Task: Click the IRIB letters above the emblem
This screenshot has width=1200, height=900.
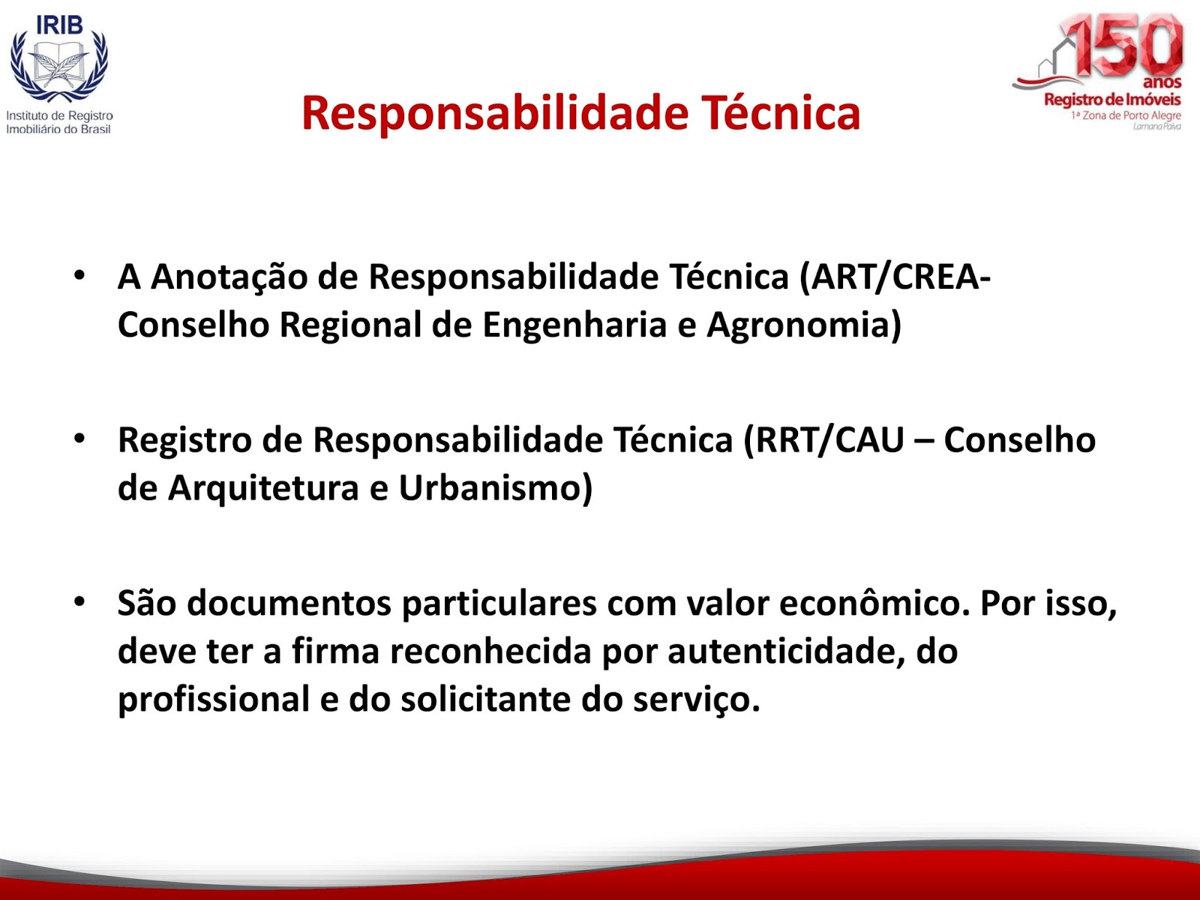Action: point(59,25)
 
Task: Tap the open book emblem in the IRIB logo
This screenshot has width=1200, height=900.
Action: point(59,65)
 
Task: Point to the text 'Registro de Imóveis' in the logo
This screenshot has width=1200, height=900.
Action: point(1112,100)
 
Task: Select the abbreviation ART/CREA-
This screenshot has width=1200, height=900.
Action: point(895,277)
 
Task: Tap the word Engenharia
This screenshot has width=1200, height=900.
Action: point(574,326)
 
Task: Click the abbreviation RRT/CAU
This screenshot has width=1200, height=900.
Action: point(823,440)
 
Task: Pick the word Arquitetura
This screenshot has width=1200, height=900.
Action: point(264,487)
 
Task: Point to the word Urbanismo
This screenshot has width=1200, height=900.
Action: point(496,487)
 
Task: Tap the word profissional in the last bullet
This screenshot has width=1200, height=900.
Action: point(214,700)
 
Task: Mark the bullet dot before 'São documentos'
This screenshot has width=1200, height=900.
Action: point(79,602)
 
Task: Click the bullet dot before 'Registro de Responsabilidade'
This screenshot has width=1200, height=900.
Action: point(79,439)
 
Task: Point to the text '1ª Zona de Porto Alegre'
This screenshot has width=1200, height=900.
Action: point(1126,115)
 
